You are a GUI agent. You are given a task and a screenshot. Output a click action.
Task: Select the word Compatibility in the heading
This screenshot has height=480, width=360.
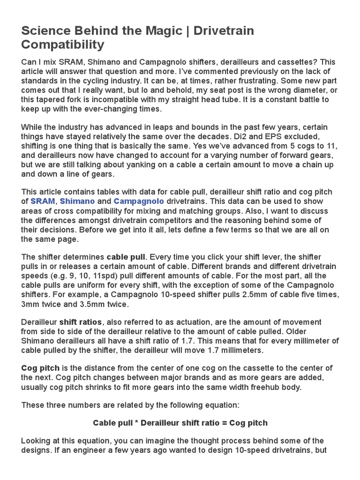click(62, 45)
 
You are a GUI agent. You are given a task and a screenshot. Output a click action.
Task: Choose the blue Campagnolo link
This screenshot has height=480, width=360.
click(139, 201)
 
